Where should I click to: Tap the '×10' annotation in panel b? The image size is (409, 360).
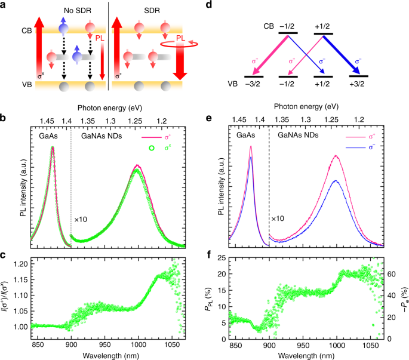click(x=81, y=219)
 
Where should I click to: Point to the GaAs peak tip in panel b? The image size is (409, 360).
click(x=53, y=147)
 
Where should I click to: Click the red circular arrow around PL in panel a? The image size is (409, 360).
click(x=177, y=43)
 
